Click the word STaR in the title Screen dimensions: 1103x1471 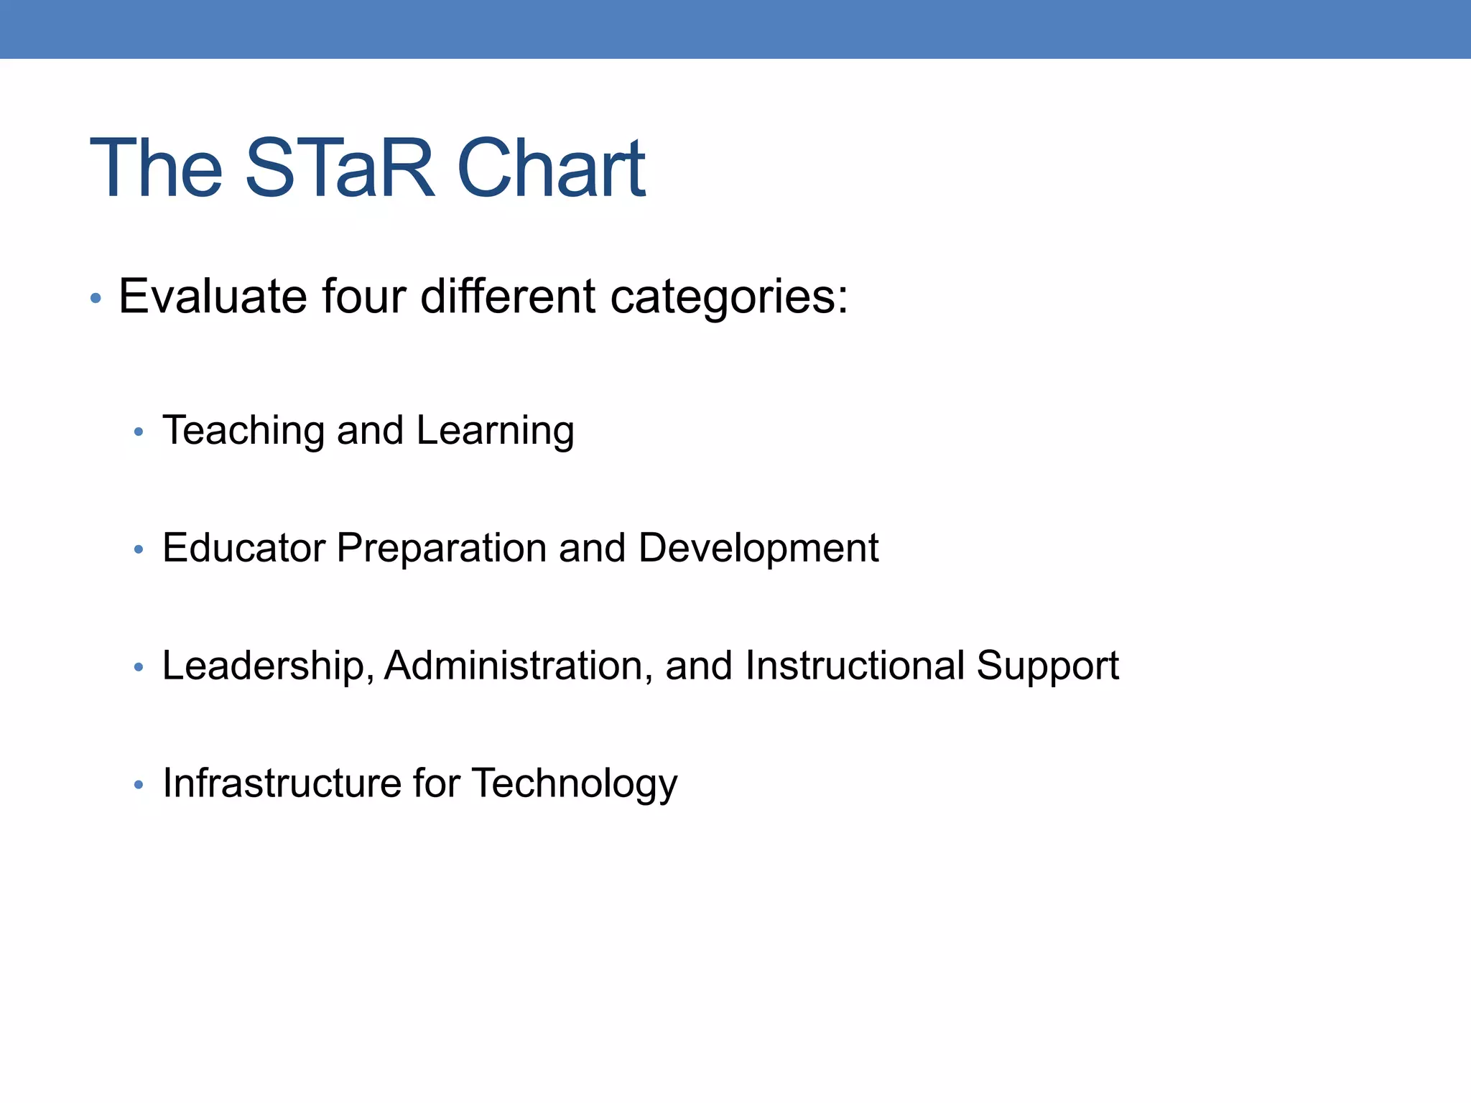[x=340, y=168]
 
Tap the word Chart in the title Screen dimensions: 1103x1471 [x=551, y=168]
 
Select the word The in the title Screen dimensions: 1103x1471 [x=157, y=168]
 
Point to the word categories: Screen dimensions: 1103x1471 [x=729, y=297]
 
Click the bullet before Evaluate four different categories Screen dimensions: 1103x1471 [x=96, y=297]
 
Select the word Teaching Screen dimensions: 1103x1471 [x=243, y=431]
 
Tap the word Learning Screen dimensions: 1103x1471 [x=495, y=431]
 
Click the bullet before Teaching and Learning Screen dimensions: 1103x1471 [x=139, y=432]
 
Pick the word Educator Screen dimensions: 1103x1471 [x=243, y=548]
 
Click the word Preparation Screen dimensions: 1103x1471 [x=442, y=549]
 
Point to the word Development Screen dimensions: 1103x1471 [x=758, y=548]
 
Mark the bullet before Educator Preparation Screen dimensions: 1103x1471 [x=139, y=550]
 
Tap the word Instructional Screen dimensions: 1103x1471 [x=855, y=666]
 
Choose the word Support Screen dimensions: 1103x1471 [x=1047, y=667]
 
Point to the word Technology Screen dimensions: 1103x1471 [x=575, y=784]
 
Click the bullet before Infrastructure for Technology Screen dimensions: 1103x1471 [x=139, y=785]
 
